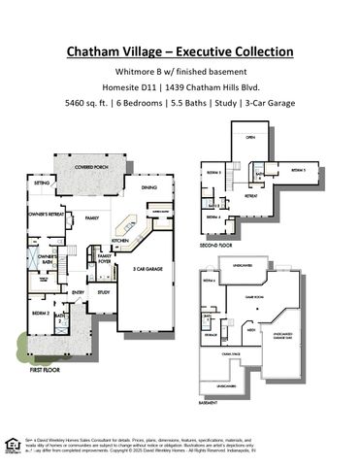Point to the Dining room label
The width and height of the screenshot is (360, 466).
148,187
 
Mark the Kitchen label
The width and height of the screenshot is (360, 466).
119,240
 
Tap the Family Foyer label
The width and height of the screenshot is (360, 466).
105,257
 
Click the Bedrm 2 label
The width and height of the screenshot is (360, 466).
40,314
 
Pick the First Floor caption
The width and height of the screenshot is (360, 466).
45,370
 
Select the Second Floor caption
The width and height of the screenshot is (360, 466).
215,247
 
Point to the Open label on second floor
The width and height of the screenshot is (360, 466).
249,137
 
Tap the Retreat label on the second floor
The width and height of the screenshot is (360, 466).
249,195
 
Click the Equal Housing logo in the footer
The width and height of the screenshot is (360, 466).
12,446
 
